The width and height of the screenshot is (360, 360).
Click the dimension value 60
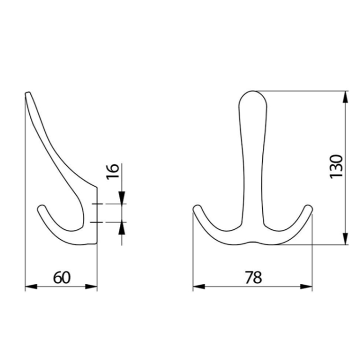[x=62, y=277]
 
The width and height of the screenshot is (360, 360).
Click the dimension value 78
[x=253, y=277]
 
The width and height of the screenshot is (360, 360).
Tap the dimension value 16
[x=113, y=171]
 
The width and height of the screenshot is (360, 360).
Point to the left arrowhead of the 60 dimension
[x=31, y=286]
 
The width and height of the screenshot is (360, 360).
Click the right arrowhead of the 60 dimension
[x=91, y=286]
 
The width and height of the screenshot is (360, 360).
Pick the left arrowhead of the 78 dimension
[x=199, y=286]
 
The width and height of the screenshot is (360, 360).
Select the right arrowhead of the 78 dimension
[x=307, y=286]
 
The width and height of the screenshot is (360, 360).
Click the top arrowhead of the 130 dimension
[x=345, y=97]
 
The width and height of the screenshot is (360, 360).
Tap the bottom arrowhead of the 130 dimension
[x=345, y=239]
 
